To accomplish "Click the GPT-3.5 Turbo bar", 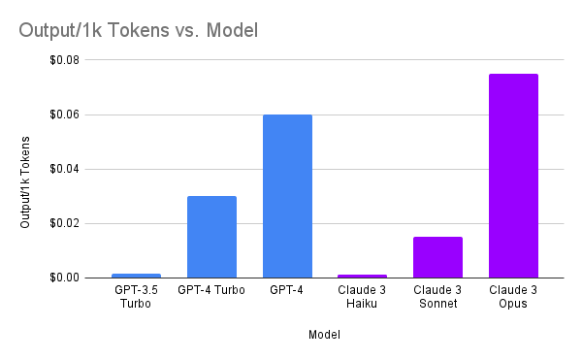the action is coord(136,276).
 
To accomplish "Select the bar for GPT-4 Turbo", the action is coord(211,237).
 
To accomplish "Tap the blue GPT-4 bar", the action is coord(288,196).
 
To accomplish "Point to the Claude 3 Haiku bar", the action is coord(362,277).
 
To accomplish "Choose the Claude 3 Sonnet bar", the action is coord(438,257).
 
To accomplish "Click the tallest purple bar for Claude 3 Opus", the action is coord(514,176).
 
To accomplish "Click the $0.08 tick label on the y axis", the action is coord(65,60).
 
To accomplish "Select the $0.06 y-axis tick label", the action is coord(65,115).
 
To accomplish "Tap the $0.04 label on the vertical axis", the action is coord(65,169).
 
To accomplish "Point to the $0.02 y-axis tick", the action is coord(65,223).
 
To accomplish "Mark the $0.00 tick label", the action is coord(65,278).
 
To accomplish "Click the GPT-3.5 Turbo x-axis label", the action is coord(136,297).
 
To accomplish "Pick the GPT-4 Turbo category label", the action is coord(211,290).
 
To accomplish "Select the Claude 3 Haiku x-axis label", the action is coord(362,297).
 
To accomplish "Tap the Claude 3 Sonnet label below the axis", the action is coord(437,297).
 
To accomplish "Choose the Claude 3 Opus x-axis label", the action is coord(513,297).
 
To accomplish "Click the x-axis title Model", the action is coord(324,335).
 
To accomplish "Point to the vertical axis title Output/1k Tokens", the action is coord(25,182).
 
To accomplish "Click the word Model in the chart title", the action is coord(232,30).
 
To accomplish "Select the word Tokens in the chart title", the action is coord(138,30).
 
